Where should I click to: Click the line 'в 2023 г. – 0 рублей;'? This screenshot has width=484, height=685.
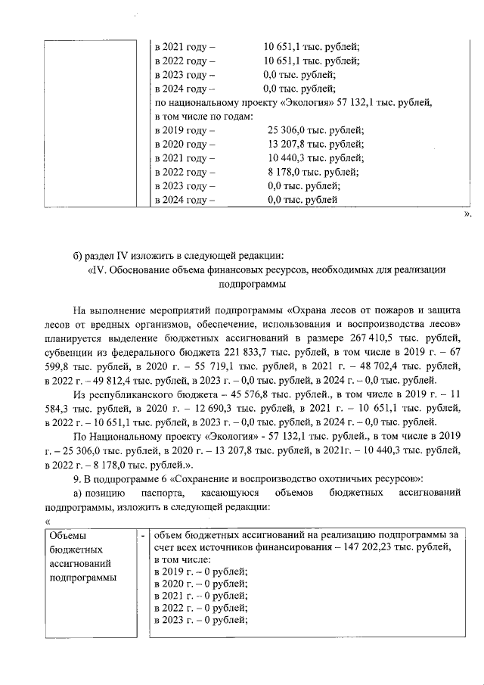[x=200, y=621]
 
